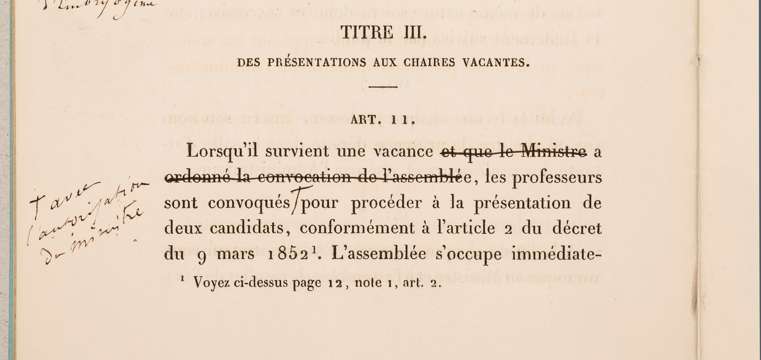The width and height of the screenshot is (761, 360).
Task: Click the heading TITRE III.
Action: (383, 33)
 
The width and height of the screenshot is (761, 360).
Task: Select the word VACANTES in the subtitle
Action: (496, 63)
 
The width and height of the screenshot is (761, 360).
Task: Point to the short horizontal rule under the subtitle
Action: (383, 87)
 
